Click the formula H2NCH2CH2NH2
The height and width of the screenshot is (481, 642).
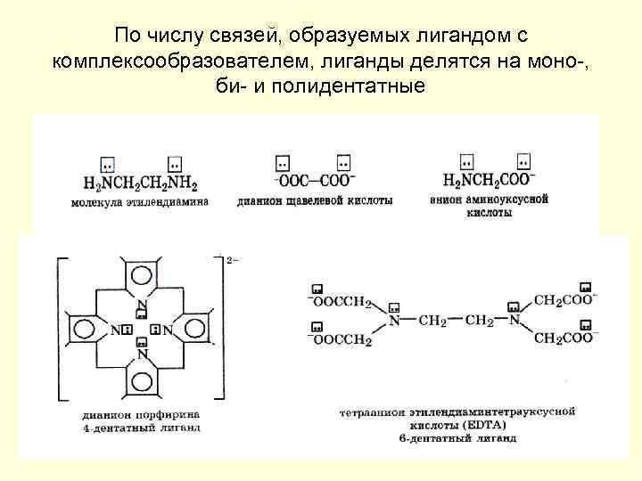(x=140, y=184)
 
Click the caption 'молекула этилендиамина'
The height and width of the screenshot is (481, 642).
(x=139, y=202)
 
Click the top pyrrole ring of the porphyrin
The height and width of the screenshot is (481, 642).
(x=142, y=273)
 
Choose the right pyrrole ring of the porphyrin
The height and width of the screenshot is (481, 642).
(x=196, y=330)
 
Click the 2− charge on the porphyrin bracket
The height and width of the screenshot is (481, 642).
(x=234, y=260)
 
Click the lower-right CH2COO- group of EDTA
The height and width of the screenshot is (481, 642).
(x=564, y=338)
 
